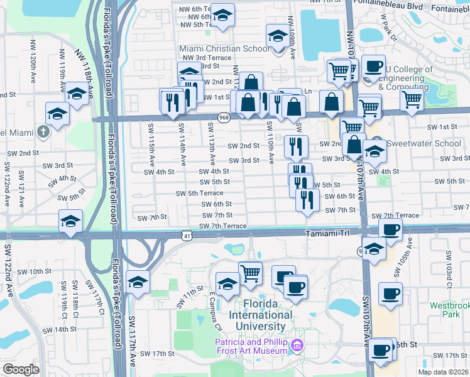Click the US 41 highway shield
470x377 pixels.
click(187, 235)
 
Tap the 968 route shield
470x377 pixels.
click(224, 117)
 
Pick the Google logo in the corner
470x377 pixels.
click(21, 369)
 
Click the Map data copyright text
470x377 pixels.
click(444, 372)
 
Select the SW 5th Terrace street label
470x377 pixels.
click(200, 194)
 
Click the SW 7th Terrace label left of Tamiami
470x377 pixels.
click(223, 226)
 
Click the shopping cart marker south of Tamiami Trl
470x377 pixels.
click(250, 272)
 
